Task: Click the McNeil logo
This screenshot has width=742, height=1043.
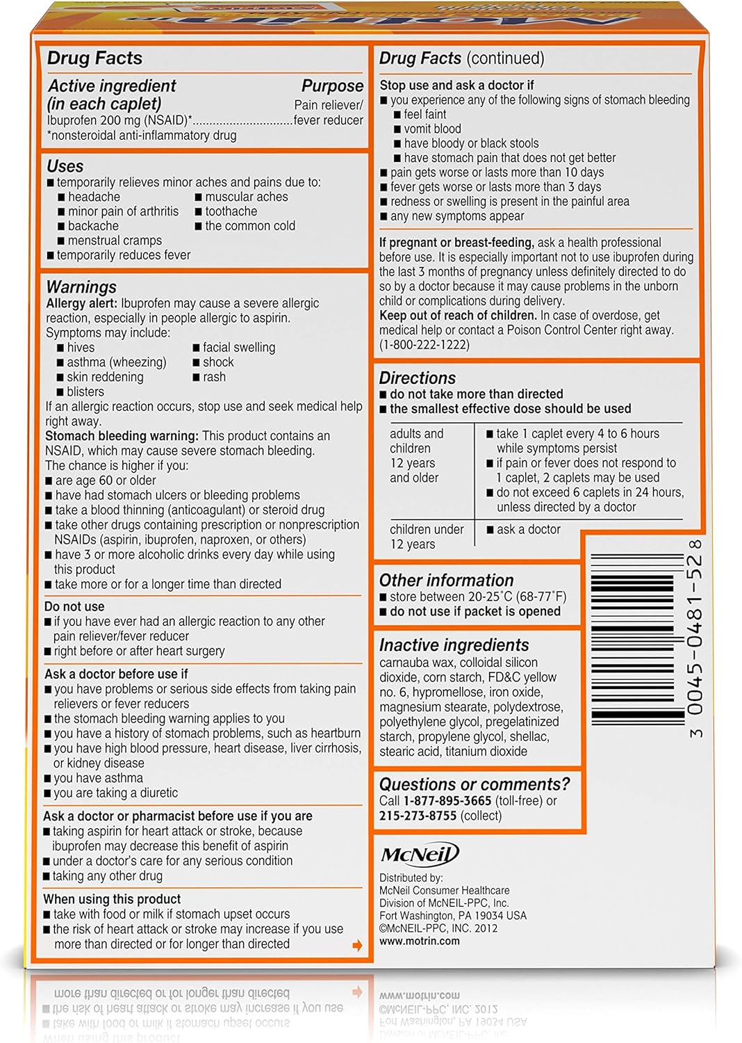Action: pos(419,855)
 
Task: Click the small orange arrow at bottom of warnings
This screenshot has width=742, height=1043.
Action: pos(357,945)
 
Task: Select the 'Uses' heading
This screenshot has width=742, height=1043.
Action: pos(65,166)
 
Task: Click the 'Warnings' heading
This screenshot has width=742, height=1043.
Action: pos(81,287)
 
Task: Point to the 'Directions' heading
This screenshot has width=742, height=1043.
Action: pos(417,378)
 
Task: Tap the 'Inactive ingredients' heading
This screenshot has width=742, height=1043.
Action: pos(454,645)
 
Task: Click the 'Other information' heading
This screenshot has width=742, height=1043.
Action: pos(446,580)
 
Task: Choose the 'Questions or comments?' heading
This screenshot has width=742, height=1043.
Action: pos(474,784)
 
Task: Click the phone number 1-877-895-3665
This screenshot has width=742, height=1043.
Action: pos(447,801)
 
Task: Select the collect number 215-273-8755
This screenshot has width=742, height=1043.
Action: pos(418,816)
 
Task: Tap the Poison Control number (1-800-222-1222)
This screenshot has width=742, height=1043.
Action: pos(424,345)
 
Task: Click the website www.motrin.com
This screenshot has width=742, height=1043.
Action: pos(419,941)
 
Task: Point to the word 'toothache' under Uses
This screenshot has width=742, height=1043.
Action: pos(231,211)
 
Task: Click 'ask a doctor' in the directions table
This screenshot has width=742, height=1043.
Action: pos(528,529)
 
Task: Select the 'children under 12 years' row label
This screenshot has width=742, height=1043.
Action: pos(426,536)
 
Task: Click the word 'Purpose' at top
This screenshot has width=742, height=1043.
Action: pos(332,86)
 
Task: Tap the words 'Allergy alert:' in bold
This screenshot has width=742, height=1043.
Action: pos(81,303)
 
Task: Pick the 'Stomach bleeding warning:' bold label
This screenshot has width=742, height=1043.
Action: pos(122,436)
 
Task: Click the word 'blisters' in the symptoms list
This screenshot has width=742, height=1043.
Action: pos(85,391)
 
